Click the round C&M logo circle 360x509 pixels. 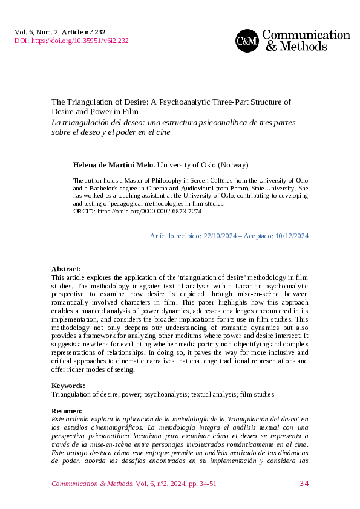pos(247,41)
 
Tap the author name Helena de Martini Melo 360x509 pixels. pos(114,164)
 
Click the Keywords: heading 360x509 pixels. pos(68,386)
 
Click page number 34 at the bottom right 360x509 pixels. pos(304,484)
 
